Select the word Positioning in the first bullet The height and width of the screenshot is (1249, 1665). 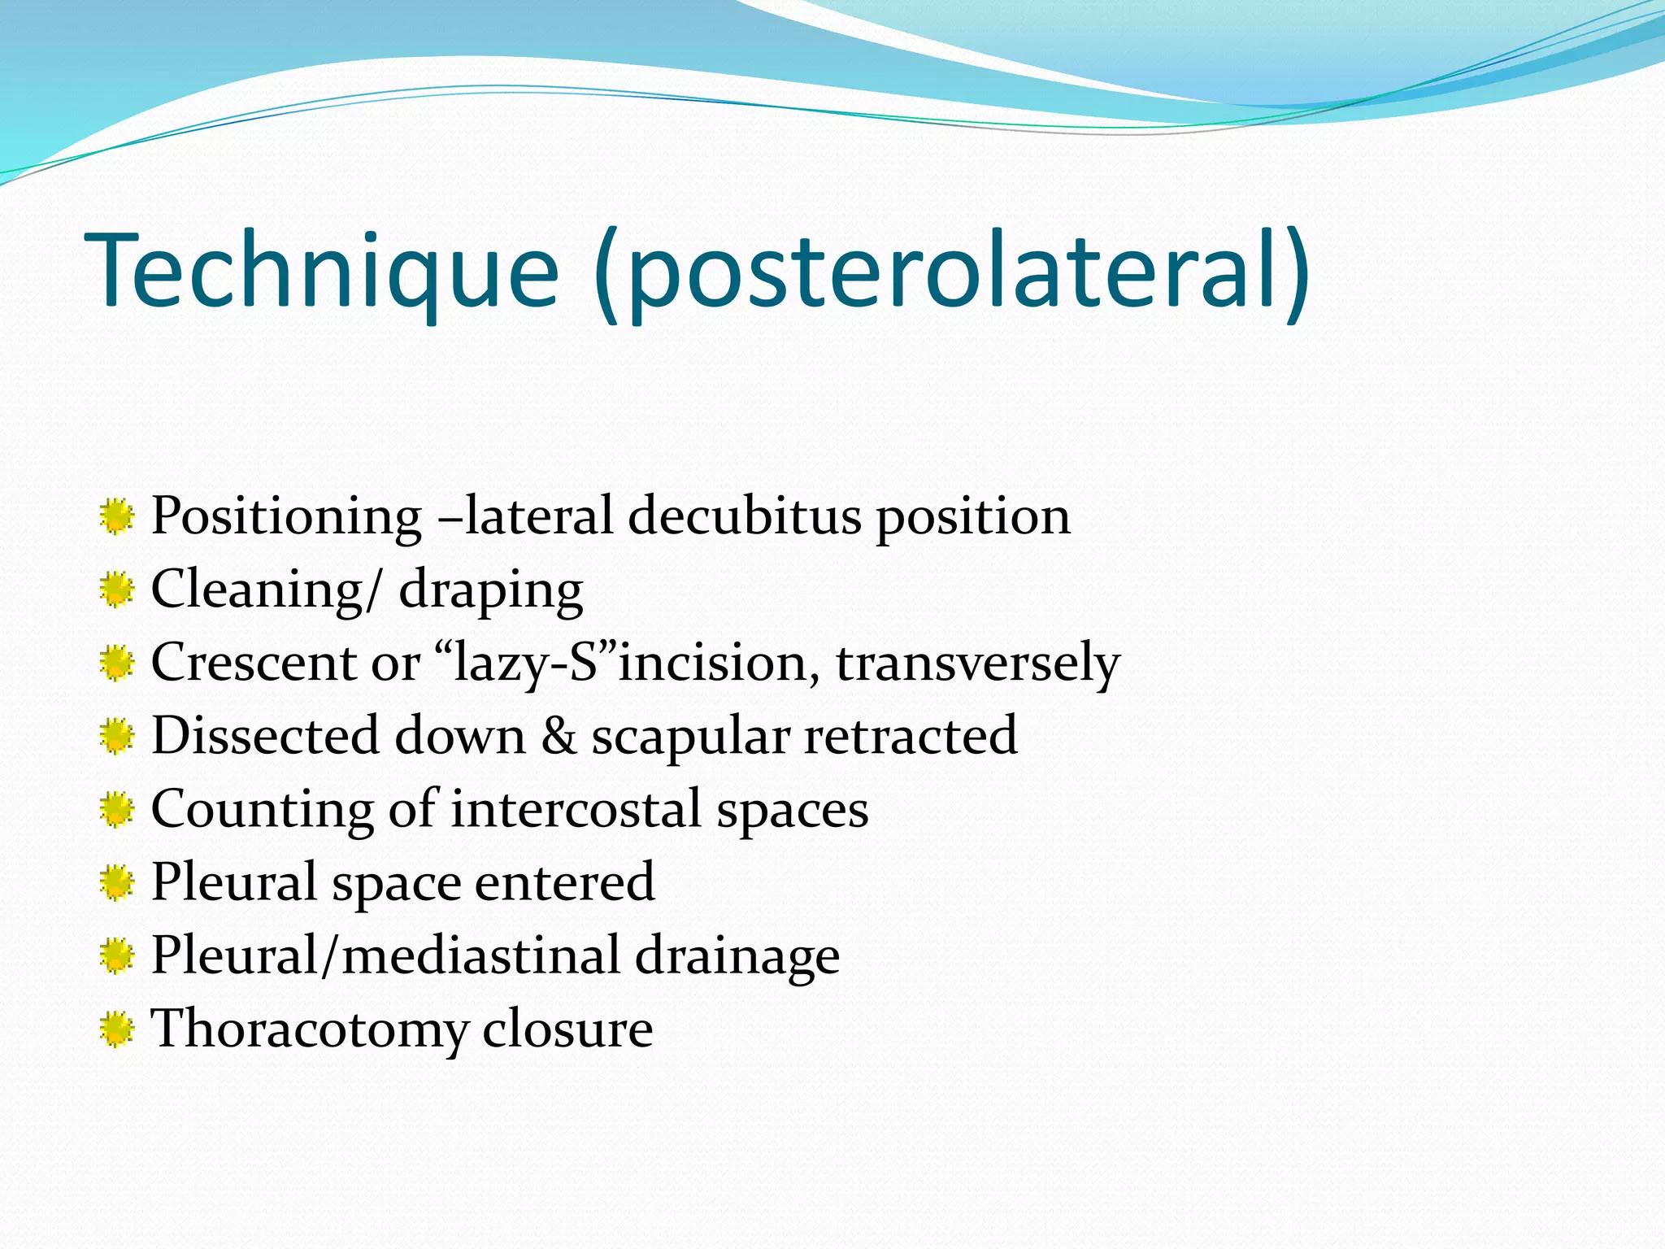click(286, 516)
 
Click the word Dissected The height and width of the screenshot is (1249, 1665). click(265, 736)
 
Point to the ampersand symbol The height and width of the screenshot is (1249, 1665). click(559, 736)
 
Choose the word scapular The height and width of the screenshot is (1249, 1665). click(690, 738)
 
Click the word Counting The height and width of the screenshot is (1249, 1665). click(262, 810)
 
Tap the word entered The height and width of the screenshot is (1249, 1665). click(564, 882)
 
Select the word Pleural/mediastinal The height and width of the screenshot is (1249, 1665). click(386, 955)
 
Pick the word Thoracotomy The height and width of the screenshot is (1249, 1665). click(310, 1029)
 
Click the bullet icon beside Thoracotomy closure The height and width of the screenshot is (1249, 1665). click(117, 1029)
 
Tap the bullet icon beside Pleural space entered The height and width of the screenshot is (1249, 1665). click(117, 883)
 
